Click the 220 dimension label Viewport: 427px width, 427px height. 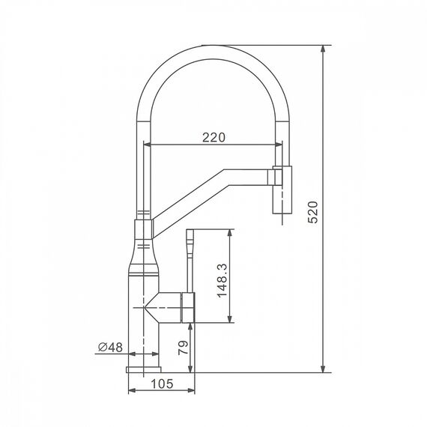213,138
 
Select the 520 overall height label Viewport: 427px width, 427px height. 312,213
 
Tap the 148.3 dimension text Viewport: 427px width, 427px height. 222,280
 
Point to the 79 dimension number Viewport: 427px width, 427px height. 183,348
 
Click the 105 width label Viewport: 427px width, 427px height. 162,384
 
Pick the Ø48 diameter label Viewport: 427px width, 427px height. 110,347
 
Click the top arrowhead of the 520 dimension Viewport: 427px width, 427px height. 323,49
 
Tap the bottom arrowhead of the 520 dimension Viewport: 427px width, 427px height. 323,369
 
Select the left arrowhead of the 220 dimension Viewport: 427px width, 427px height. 148,145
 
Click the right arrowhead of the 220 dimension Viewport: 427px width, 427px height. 279,145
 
